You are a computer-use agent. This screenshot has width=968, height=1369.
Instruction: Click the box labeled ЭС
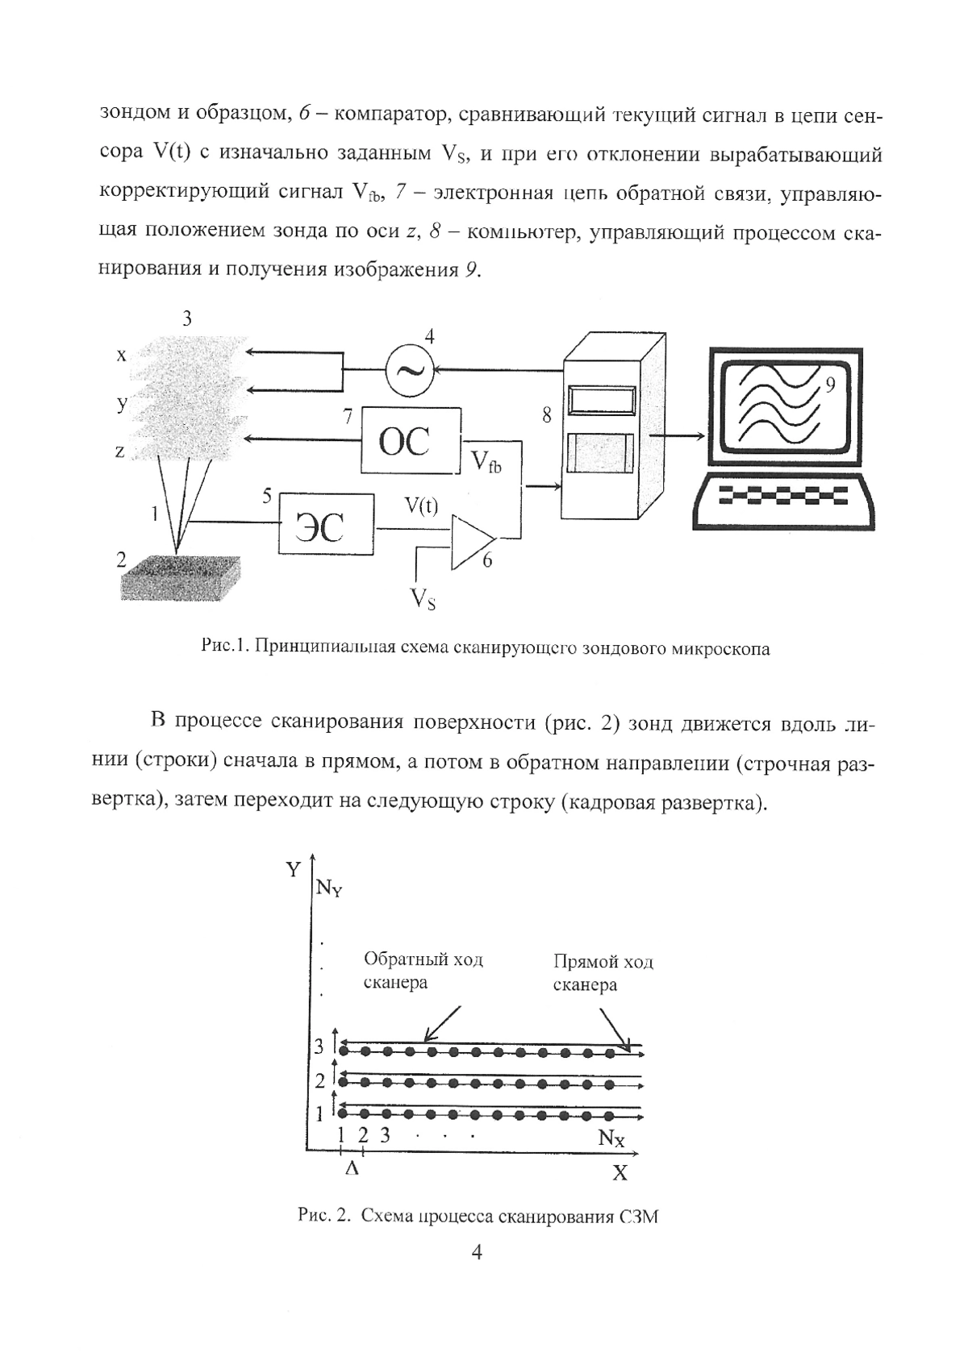pos(327,525)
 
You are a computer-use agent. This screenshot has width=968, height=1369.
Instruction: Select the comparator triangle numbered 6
pos(472,540)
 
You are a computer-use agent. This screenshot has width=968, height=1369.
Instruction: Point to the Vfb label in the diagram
pos(486,462)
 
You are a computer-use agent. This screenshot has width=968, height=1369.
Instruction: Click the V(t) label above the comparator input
pos(421,506)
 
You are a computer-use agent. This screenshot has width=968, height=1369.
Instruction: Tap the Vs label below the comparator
pos(423,598)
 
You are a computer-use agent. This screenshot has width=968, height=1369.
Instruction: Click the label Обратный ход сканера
pos(423,971)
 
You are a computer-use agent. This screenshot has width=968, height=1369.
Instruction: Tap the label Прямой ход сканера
pos(603,972)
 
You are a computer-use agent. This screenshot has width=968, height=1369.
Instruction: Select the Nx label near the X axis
pos(611,1138)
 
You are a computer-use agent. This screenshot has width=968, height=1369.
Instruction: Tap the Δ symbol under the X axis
pos(352,1168)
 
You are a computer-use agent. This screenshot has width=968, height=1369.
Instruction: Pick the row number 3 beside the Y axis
pos(319,1047)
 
